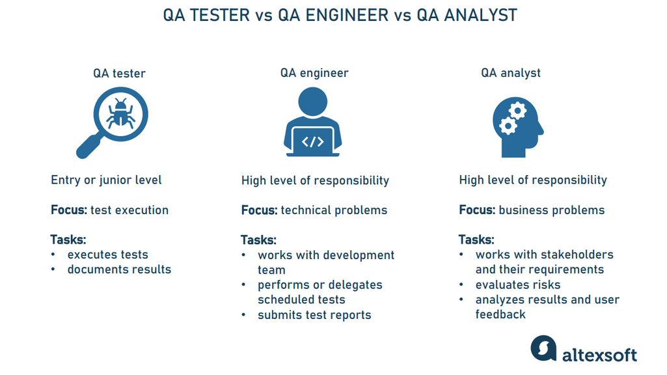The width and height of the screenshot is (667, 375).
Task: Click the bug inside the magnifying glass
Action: click(x=121, y=115)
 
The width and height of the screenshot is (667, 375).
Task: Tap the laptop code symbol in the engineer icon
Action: click(x=313, y=141)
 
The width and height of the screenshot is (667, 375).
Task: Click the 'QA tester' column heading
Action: click(x=119, y=73)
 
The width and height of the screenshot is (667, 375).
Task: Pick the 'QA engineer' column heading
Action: click(x=314, y=73)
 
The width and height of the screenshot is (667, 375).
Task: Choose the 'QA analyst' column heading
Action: click(x=511, y=73)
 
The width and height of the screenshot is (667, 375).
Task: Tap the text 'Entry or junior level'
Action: click(x=106, y=180)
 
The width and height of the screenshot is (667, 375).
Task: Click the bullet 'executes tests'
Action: click(x=107, y=255)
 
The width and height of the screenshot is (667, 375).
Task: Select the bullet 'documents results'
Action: click(x=119, y=270)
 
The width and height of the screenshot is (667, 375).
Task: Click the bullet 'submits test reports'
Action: click(x=314, y=315)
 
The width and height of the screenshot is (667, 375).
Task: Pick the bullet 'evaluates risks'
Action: click(x=517, y=285)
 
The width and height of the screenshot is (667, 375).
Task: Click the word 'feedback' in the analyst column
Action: click(x=500, y=314)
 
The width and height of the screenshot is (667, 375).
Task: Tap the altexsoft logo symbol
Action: click(x=543, y=349)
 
